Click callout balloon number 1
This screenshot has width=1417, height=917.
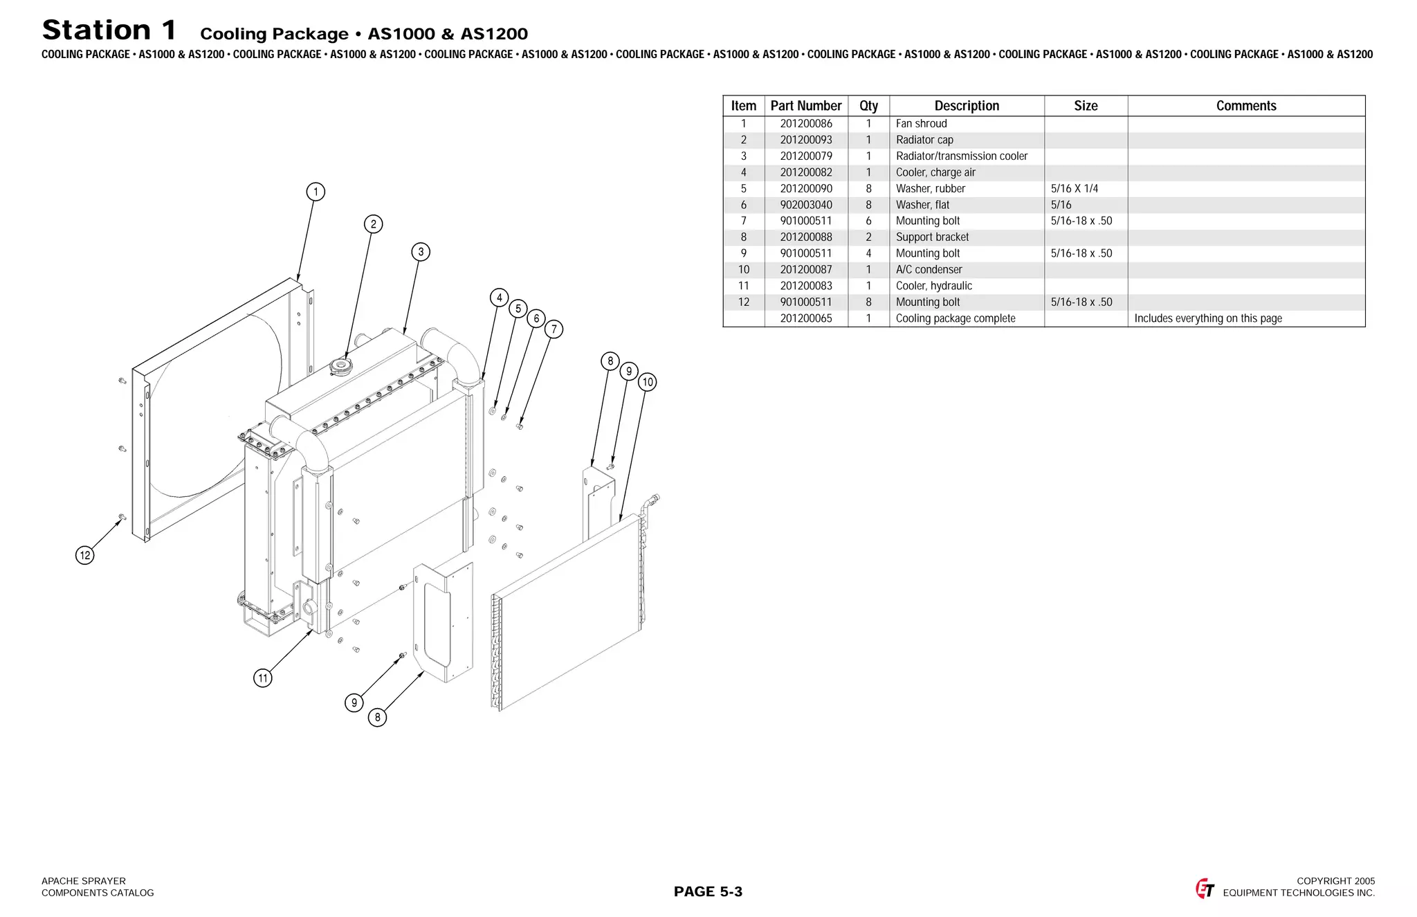316,192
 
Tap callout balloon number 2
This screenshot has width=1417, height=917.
374,224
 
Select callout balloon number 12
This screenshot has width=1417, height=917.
84,555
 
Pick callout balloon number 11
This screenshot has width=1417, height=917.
262,678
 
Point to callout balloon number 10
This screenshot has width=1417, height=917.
648,382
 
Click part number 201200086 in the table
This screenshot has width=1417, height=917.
806,124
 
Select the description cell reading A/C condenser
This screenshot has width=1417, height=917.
929,270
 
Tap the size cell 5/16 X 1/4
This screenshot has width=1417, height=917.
1074,189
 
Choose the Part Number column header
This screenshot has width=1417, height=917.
806,106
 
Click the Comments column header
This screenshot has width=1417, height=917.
1246,106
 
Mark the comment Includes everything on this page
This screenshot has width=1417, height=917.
1207,318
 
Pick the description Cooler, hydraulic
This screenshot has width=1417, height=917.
933,286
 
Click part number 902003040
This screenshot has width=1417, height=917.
806,205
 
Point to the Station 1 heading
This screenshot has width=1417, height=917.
109,30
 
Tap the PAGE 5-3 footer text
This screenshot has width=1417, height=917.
708,891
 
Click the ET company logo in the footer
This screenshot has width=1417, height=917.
1205,889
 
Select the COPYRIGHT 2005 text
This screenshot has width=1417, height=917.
1335,881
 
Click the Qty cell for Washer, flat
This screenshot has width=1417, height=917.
868,205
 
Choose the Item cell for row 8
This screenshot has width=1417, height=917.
744,237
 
